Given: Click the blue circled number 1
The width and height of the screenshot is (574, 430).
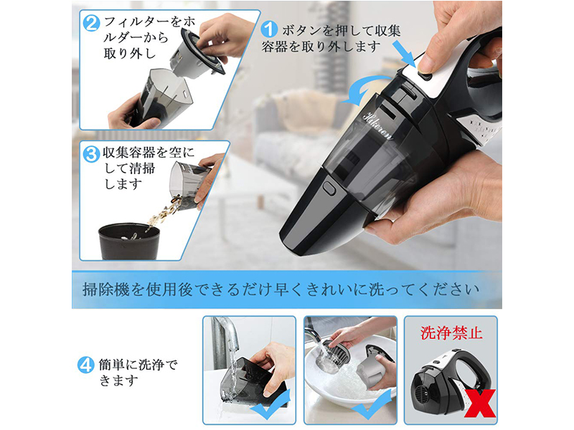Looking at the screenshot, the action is coord(270,29).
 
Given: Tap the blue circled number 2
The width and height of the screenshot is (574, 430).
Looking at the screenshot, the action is coord(92,23).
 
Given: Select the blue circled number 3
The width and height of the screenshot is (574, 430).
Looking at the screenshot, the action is coord(91,154).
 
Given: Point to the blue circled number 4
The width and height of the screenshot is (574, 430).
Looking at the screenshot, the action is coord(85,365).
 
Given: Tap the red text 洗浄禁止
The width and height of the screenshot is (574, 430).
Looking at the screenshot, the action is coord(451,333).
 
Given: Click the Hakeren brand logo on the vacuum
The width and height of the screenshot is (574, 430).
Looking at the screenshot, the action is coord(378,125).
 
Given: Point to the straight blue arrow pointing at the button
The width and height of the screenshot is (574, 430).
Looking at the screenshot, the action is coord(405,53).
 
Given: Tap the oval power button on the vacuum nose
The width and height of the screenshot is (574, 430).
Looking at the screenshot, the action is coord(329,188).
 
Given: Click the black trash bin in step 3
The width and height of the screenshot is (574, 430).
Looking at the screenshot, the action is coord(129,242).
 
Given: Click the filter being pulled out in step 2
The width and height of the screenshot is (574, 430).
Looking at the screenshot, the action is coord(198,53).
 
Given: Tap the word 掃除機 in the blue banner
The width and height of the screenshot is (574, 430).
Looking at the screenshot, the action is coord(106,290).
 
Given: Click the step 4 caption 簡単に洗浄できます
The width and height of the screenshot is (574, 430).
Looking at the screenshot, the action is coord(138,373).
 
